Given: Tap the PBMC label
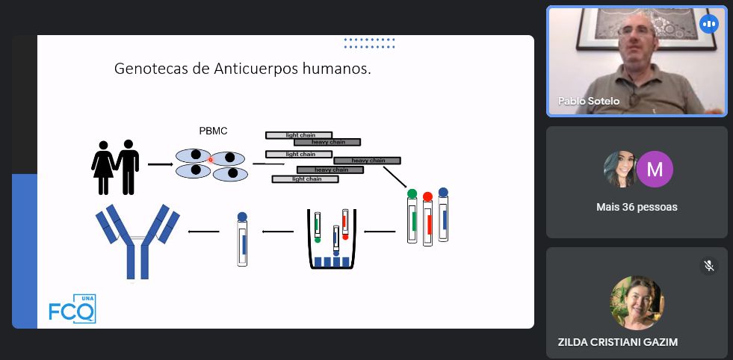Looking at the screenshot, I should tap(213, 131).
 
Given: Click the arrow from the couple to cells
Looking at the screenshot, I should tap(160, 164).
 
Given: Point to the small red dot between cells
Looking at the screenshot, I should tap(211, 159).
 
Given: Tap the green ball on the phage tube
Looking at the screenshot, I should tap(412, 194).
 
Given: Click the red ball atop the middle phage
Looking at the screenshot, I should tap(427, 197).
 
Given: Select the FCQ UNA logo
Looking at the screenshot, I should tap(72, 308).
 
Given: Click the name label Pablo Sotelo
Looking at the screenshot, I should tap(589, 102).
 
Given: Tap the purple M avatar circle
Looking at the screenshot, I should tap(655, 168).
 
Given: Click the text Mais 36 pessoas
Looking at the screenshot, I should tap(637, 207).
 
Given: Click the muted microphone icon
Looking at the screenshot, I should tap(709, 266).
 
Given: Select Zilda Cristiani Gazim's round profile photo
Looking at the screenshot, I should tap(637, 302).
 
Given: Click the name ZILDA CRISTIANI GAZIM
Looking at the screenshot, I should tap(618, 342).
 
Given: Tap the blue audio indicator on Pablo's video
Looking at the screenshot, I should tap(708, 24).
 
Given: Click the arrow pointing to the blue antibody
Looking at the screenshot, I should tap(203, 232).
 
